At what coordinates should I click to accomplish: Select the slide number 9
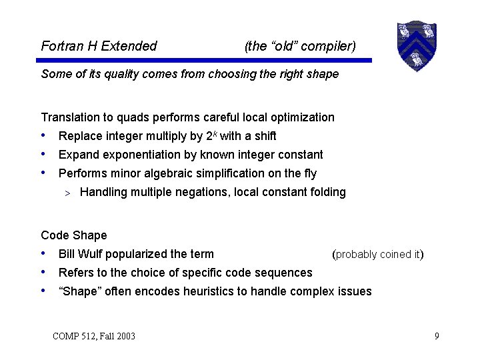click(437, 336)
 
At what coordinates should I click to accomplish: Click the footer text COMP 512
click(78, 336)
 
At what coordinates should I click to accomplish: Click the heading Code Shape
click(74, 235)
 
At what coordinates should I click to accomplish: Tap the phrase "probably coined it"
click(377, 254)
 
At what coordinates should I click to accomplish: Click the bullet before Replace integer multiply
click(44, 135)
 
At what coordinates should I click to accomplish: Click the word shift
click(261, 136)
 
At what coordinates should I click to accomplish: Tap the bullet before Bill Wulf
click(44, 253)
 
